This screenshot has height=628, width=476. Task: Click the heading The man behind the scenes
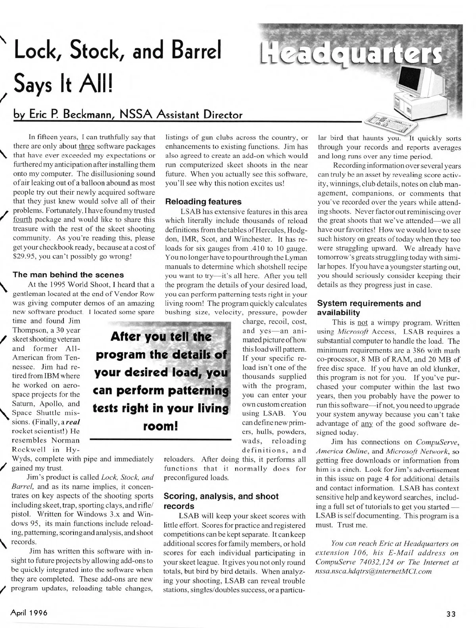[x=69, y=275]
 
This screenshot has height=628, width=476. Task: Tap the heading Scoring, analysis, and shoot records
[x=221, y=501]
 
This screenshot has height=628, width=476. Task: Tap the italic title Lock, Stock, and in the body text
[x=127, y=477]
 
